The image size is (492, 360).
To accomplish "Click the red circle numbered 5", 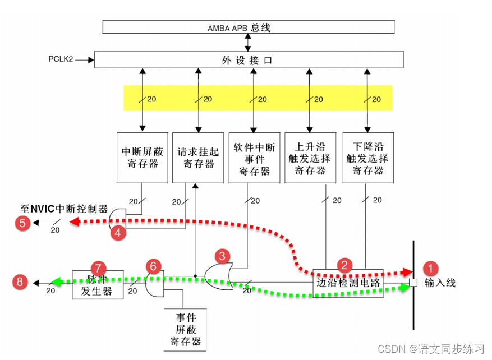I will click(22, 223).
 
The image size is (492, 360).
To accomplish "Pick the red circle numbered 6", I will click(152, 266).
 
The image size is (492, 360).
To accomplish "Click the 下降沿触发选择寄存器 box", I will click(367, 158).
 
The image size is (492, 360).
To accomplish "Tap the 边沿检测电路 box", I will click(348, 283).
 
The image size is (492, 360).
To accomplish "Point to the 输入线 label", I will click(440, 283).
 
